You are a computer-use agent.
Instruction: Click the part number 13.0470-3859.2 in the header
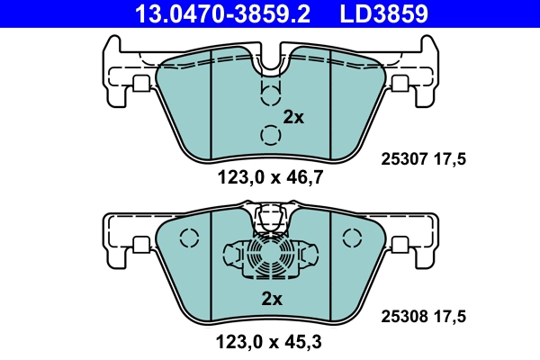click(223, 13)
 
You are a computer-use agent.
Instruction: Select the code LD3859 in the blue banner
click(383, 13)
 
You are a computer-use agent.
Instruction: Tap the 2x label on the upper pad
click(293, 118)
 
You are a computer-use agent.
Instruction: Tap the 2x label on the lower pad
click(272, 299)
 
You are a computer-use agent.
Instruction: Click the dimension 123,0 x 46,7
click(270, 178)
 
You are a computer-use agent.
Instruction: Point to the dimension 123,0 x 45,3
click(268, 342)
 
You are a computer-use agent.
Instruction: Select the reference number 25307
click(404, 159)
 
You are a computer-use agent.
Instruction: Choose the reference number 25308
click(404, 316)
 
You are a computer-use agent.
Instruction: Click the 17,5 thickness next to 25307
click(449, 159)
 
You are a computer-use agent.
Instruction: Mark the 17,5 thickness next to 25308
click(449, 317)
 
